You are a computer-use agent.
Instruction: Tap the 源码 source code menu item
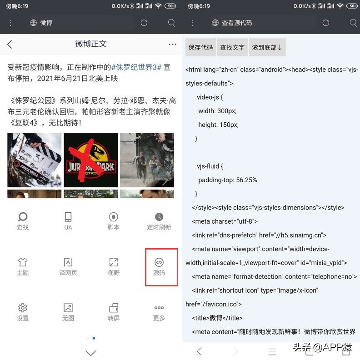tap(159, 267)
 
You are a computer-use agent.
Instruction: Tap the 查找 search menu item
tap(23, 221)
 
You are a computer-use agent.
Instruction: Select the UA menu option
tap(68, 221)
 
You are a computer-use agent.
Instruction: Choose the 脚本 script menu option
tap(114, 221)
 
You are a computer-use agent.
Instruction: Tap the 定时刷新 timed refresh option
tap(159, 221)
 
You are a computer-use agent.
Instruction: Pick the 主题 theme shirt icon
tap(23, 267)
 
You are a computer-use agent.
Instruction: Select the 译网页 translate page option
tap(68, 267)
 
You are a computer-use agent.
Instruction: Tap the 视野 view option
tap(114, 267)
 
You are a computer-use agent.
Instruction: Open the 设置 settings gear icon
tap(23, 312)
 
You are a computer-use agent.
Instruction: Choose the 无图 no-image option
tap(68, 312)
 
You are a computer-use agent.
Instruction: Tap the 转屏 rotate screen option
tap(114, 312)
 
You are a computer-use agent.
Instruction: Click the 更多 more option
tap(159, 312)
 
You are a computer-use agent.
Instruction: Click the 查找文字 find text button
tap(232, 47)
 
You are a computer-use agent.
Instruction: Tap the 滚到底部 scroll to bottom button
tap(267, 47)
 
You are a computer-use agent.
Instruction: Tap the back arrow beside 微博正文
tap(10, 44)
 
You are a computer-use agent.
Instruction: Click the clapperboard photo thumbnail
tap(35, 160)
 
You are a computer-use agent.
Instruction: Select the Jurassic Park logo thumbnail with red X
tap(91, 160)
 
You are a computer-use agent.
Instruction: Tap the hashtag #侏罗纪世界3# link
tap(136, 67)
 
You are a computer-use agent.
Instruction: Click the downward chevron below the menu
tap(91, 353)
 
